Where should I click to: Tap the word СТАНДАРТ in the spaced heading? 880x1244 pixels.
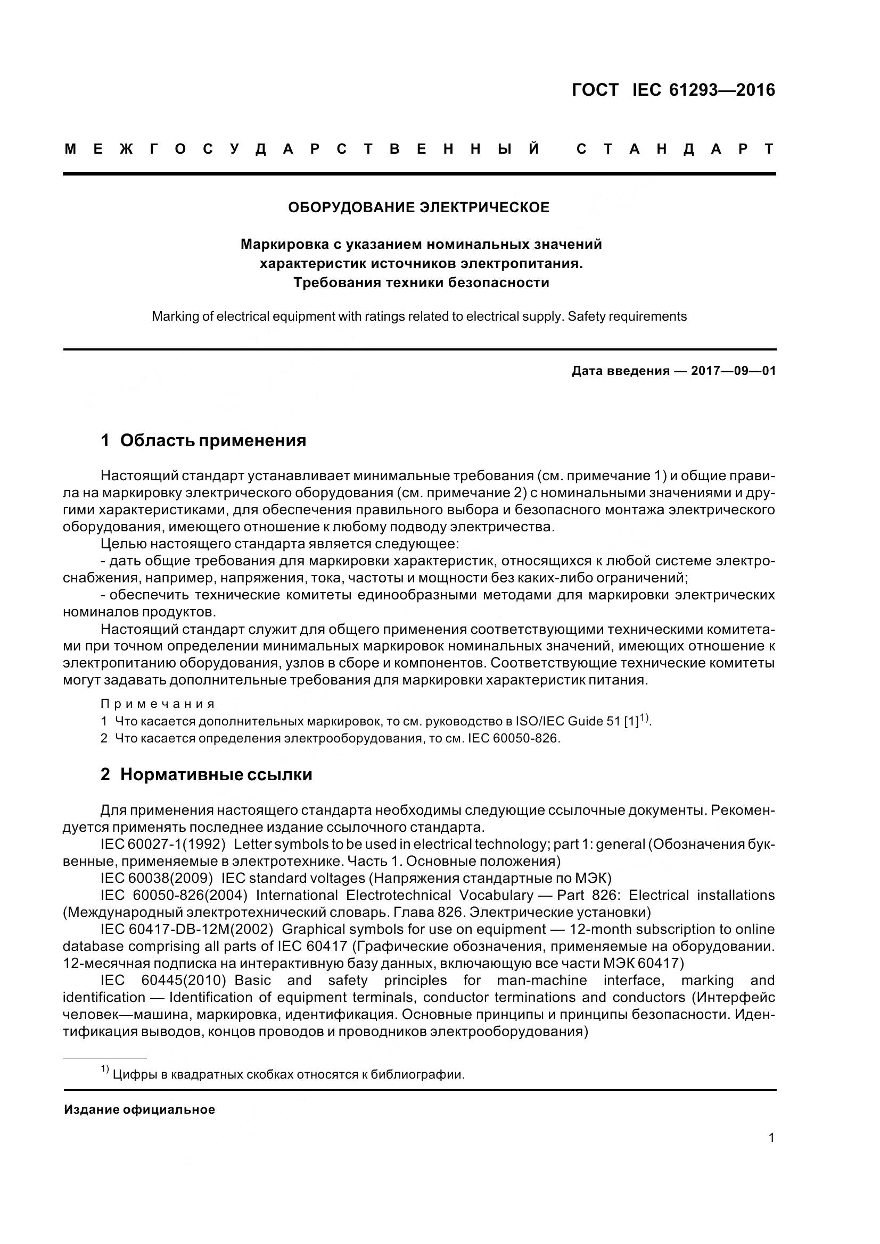[676, 149]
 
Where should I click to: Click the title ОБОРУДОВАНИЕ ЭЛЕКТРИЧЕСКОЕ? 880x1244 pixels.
[418, 207]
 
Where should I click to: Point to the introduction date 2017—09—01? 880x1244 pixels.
[733, 371]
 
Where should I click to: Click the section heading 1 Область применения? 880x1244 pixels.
[203, 440]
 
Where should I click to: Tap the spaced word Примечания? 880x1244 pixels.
[158, 704]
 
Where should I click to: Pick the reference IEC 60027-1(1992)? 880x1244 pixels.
[163, 845]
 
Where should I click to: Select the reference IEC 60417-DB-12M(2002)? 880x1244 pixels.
[186, 930]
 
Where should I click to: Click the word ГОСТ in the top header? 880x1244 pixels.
[595, 90]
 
